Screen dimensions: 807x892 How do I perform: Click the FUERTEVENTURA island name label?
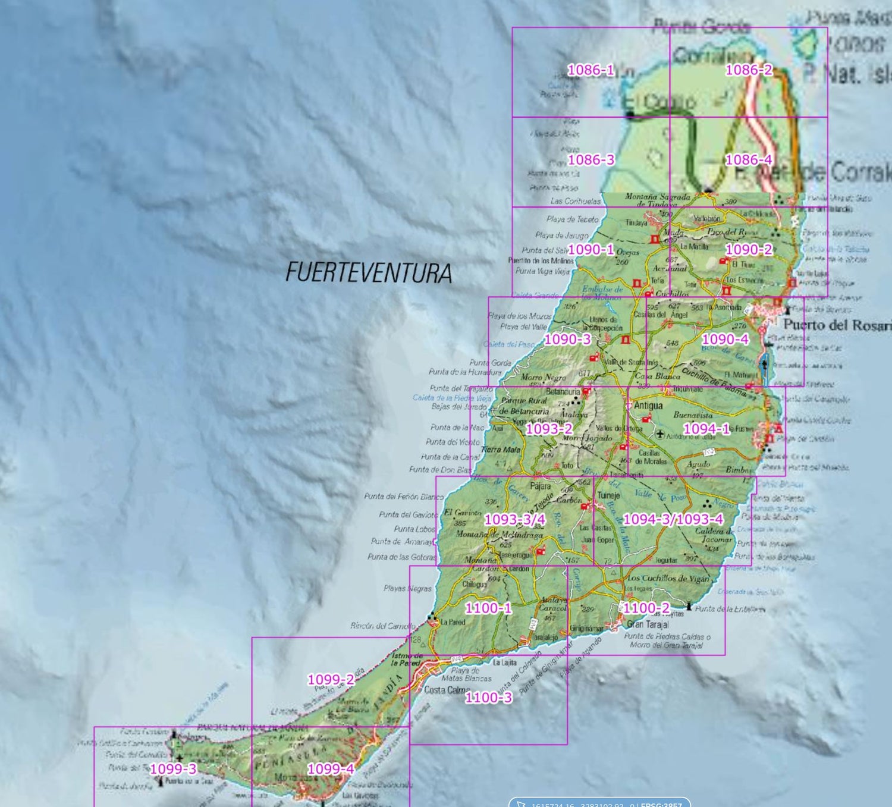click(369, 273)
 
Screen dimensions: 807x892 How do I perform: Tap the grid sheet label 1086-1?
click(591, 70)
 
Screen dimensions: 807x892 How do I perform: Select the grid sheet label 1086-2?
click(749, 70)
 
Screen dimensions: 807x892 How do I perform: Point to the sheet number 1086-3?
click(591, 160)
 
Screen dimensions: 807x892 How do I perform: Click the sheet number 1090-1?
click(591, 250)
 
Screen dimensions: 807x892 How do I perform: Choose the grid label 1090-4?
click(725, 340)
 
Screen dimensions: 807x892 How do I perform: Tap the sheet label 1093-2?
click(549, 429)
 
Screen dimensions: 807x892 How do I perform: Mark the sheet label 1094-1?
click(706, 429)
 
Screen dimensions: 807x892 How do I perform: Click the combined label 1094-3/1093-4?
click(673, 519)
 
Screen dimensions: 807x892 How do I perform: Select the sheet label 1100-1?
click(488, 608)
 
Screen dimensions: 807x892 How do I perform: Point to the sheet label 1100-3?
click(488, 698)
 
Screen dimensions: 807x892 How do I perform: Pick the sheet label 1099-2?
click(331, 680)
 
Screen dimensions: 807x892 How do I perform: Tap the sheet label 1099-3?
click(173, 769)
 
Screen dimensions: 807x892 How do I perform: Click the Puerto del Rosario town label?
click(836, 325)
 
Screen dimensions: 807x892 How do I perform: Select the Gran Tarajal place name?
click(648, 624)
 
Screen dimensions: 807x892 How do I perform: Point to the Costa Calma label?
click(447, 690)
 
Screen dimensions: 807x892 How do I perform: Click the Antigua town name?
click(648, 406)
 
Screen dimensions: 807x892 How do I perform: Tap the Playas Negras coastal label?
click(407, 589)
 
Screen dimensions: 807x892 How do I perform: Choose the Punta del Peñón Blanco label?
click(404, 497)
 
